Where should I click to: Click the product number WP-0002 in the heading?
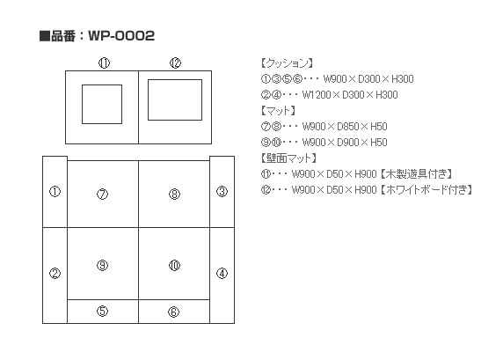[121, 35]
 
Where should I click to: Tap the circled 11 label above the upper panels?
[104, 63]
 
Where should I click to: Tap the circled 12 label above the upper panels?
[176, 63]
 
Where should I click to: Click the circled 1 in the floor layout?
[55, 192]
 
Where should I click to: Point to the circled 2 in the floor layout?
[55, 274]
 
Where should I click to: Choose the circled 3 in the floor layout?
[222, 192]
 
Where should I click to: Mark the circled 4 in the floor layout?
[222, 274]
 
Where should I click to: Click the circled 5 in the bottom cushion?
[103, 311]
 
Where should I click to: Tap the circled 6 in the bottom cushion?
[174, 312]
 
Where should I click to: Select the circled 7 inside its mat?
[103, 194]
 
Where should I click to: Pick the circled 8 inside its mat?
[174, 194]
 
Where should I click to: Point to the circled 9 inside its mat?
[103, 265]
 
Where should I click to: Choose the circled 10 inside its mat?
[174, 265]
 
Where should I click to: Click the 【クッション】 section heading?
[287, 63]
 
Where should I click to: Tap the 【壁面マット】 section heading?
[288, 158]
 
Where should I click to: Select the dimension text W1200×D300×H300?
[350, 95]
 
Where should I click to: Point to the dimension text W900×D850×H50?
[345, 127]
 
